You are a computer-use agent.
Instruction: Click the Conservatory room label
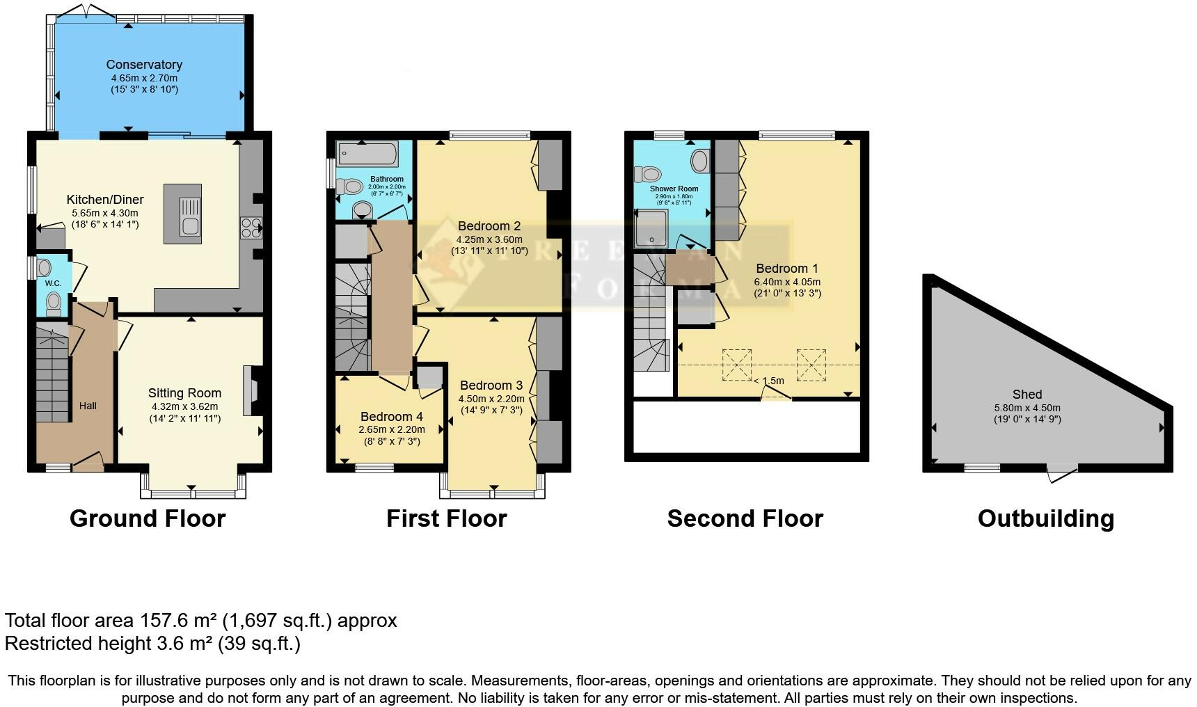click(x=144, y=65)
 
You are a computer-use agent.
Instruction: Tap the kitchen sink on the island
click(x=189, y=216)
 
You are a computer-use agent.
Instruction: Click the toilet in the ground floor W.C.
click(x=54, y=303)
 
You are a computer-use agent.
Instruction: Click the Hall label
click(x=88, y=406)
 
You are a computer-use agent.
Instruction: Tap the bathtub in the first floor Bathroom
click(x=367, y=154)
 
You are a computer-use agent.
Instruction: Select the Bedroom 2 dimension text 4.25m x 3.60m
click(x=489, y=239)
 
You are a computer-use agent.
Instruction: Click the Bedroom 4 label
click(x=392, y=417)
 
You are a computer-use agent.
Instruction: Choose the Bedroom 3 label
click(x=491, y=386)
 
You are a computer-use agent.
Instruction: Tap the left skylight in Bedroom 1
click(x=736, y=365)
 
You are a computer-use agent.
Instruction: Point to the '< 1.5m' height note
click(x=768, y=381)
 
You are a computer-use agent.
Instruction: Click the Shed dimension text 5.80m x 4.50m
click(x=1027, y=408)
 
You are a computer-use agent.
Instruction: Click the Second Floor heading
click(x=745, y=518)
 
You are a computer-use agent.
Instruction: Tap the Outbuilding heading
click(x=1045, y=518)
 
